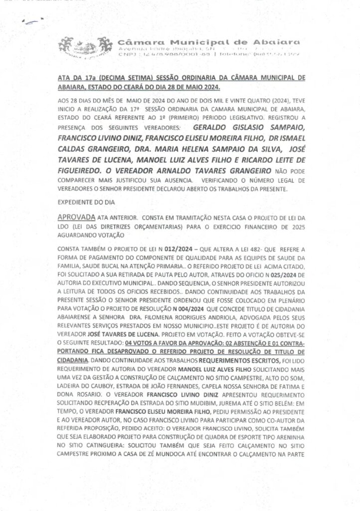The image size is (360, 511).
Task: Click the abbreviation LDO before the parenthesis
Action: tap(65, 226)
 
